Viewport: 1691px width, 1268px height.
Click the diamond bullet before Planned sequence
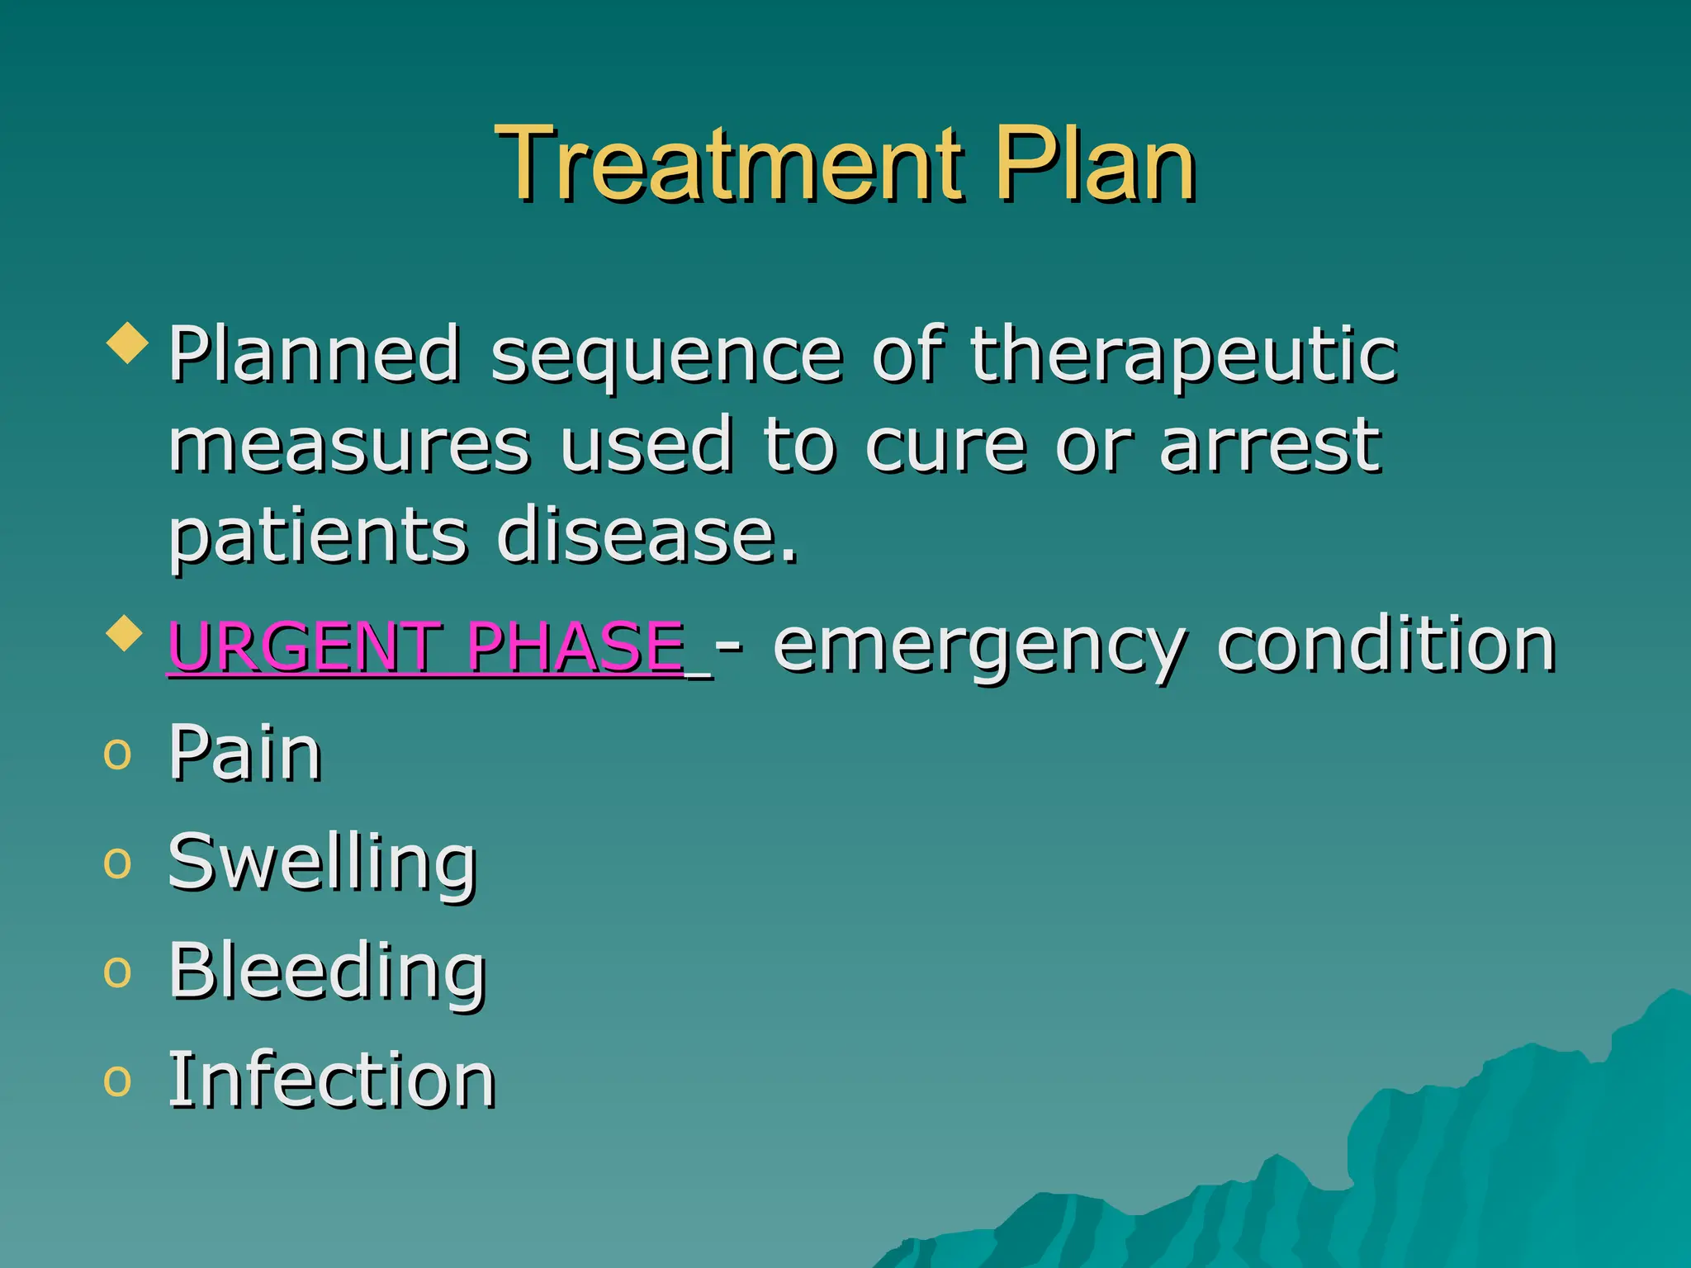point(128,343)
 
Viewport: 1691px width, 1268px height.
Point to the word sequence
point(667,357)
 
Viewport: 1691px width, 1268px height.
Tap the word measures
point(349,446)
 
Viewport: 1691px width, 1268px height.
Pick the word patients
point(318,537)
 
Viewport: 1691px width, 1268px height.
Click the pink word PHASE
point(576,646)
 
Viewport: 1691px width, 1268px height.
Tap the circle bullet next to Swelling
point(117,863)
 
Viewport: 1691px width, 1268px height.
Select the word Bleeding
point(327,972)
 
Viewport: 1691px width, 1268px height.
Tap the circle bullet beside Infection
point(117,1081)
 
